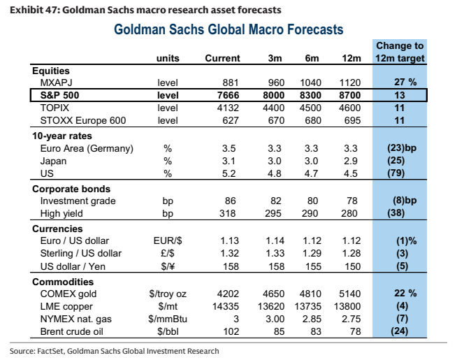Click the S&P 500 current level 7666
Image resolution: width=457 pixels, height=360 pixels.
click(228, 95)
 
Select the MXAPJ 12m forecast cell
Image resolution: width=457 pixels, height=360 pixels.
click(350, 82)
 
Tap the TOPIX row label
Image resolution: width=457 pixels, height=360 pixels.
click(55, 108)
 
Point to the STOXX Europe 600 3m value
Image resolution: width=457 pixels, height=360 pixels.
click(276, 120)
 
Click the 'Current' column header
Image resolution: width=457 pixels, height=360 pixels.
click(222, 58)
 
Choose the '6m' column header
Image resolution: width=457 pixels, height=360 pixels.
click(312, 58)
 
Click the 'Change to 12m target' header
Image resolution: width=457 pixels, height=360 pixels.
click(400, 52)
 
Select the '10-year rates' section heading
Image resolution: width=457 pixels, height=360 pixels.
click(62, 136)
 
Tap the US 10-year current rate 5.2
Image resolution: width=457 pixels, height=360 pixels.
click(228, 173)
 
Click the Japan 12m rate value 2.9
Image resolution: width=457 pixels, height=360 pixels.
click(351, 161)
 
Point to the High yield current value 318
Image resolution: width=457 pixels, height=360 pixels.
click(227, 213)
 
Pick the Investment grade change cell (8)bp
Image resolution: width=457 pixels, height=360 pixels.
click(405, 201)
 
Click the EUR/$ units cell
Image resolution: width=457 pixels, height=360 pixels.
click(168, 240)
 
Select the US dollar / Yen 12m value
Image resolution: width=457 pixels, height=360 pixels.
click(352, 266)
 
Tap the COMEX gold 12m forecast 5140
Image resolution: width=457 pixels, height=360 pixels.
click(350, 294)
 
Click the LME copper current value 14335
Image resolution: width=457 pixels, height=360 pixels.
click(226, 306)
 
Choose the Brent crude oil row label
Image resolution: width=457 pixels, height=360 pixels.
click(72, 332)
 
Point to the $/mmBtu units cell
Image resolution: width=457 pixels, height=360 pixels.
click(168, 319)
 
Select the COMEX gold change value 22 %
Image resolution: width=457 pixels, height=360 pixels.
click(405, 294)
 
